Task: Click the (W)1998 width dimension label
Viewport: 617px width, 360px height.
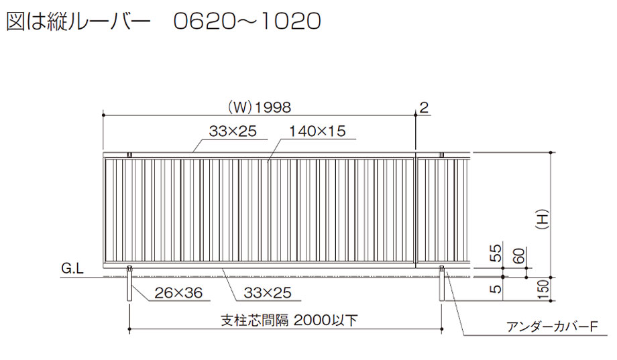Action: pos(260,107)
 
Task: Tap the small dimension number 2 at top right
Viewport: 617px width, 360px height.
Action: pos(424,107)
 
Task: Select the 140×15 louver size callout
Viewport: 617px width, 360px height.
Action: pos(317,131)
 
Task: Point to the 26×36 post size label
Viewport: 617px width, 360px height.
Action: pos(178,293)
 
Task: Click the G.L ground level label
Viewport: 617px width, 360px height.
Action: pos(72,268)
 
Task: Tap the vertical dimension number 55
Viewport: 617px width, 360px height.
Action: pos(496,253)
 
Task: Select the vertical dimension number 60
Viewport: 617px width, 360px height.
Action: pos(519,255)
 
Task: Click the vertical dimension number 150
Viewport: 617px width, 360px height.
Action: pos(543,289)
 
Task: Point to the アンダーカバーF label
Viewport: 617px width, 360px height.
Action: pos(552,326)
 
